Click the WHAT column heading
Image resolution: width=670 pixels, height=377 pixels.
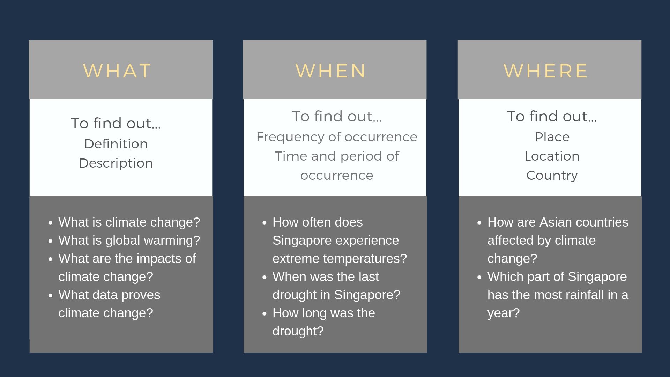tap(117, 71)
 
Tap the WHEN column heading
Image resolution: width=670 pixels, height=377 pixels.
tap(331, 71)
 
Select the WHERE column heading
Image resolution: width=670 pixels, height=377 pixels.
tap(546, 71)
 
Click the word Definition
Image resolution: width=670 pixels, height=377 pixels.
tap(116, 144)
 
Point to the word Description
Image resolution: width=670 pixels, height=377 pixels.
tap(116, 163)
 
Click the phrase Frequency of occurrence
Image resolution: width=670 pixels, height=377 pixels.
tap(337, 137)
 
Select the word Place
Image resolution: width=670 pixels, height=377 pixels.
tap(552, 137)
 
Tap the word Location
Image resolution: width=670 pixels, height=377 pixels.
tap(552, 156)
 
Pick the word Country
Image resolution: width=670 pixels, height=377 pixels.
tap(552, 175)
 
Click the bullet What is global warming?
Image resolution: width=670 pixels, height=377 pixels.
tap(129, 240)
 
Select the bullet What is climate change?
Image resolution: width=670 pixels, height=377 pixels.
tap(129, 222)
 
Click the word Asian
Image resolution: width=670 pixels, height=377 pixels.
tap(556, 222)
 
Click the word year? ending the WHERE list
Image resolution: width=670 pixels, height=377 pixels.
tap(504, 313)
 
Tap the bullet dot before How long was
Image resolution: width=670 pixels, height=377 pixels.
tap(264, 313)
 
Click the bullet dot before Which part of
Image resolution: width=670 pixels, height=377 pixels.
tap(479, 277)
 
